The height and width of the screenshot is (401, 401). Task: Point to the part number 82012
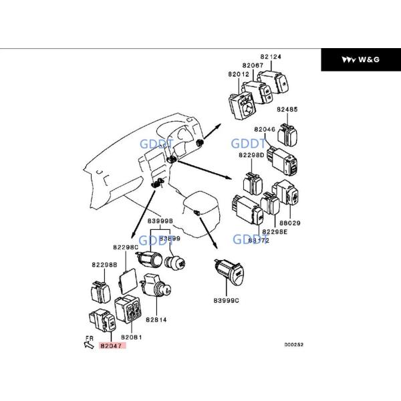pyautogui.click(x=238, y=74)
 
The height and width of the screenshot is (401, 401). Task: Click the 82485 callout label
pyautogui.click(x=287, y=108)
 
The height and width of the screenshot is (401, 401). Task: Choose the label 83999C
pyautogui.click(x=225, y=300)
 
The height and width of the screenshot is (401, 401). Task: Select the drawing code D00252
pyautogui.click(x=293, y=345)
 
